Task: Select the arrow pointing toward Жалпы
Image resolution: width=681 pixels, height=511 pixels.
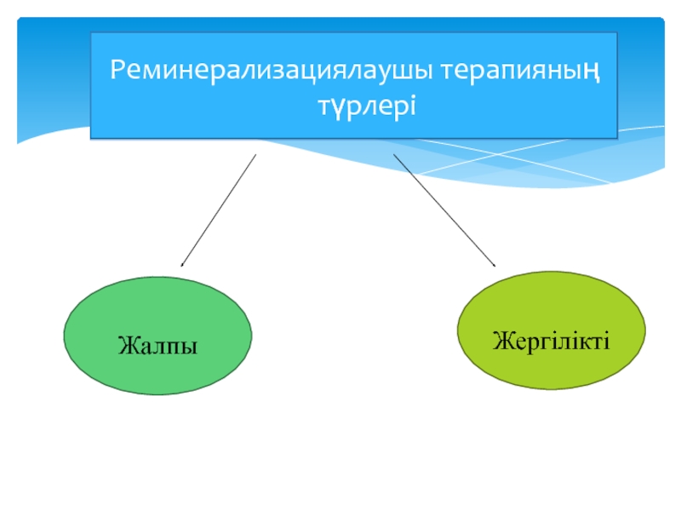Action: click(218, 210)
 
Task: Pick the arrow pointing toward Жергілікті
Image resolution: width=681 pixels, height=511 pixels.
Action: click(444, 210)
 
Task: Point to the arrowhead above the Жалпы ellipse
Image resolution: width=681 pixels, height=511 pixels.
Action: click(182, 265)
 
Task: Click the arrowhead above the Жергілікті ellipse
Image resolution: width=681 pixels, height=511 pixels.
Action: click(494, 265)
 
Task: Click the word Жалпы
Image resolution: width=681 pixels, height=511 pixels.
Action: click(157, 347)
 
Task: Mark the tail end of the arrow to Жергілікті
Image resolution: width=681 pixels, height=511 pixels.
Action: click(394, 156)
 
